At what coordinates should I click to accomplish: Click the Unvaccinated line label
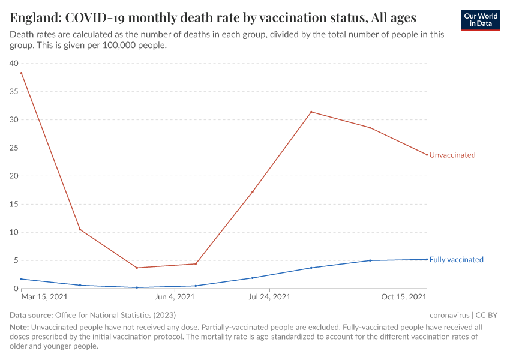[x=452, y=155]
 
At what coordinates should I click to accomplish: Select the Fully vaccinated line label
[x=456, y=260]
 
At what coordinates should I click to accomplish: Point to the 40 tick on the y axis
[x=14, y=64]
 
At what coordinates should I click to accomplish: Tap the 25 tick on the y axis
[x=14, y=148]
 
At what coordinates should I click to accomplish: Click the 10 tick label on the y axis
[x=14, y=233]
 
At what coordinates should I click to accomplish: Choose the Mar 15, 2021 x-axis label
[x=44, y=297]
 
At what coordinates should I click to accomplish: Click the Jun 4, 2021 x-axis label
[x=175, y=297]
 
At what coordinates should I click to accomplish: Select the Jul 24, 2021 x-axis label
[x=268, y=297]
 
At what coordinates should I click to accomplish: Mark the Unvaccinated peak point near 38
[x=22, y=73]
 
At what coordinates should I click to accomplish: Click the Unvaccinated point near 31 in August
[x=311, y=112]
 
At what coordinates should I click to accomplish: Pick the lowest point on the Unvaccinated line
[x=137, y=268]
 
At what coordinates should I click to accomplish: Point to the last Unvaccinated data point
[x=427, y=155]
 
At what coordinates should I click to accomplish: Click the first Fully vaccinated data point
[x=22, y=279]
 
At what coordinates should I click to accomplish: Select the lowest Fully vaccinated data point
[x=137, y=287]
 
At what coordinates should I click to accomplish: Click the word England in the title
[x=33, y=16]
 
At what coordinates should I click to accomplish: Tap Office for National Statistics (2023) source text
[x=115, y=315]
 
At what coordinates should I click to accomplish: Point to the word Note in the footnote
[x=19, y=328]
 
